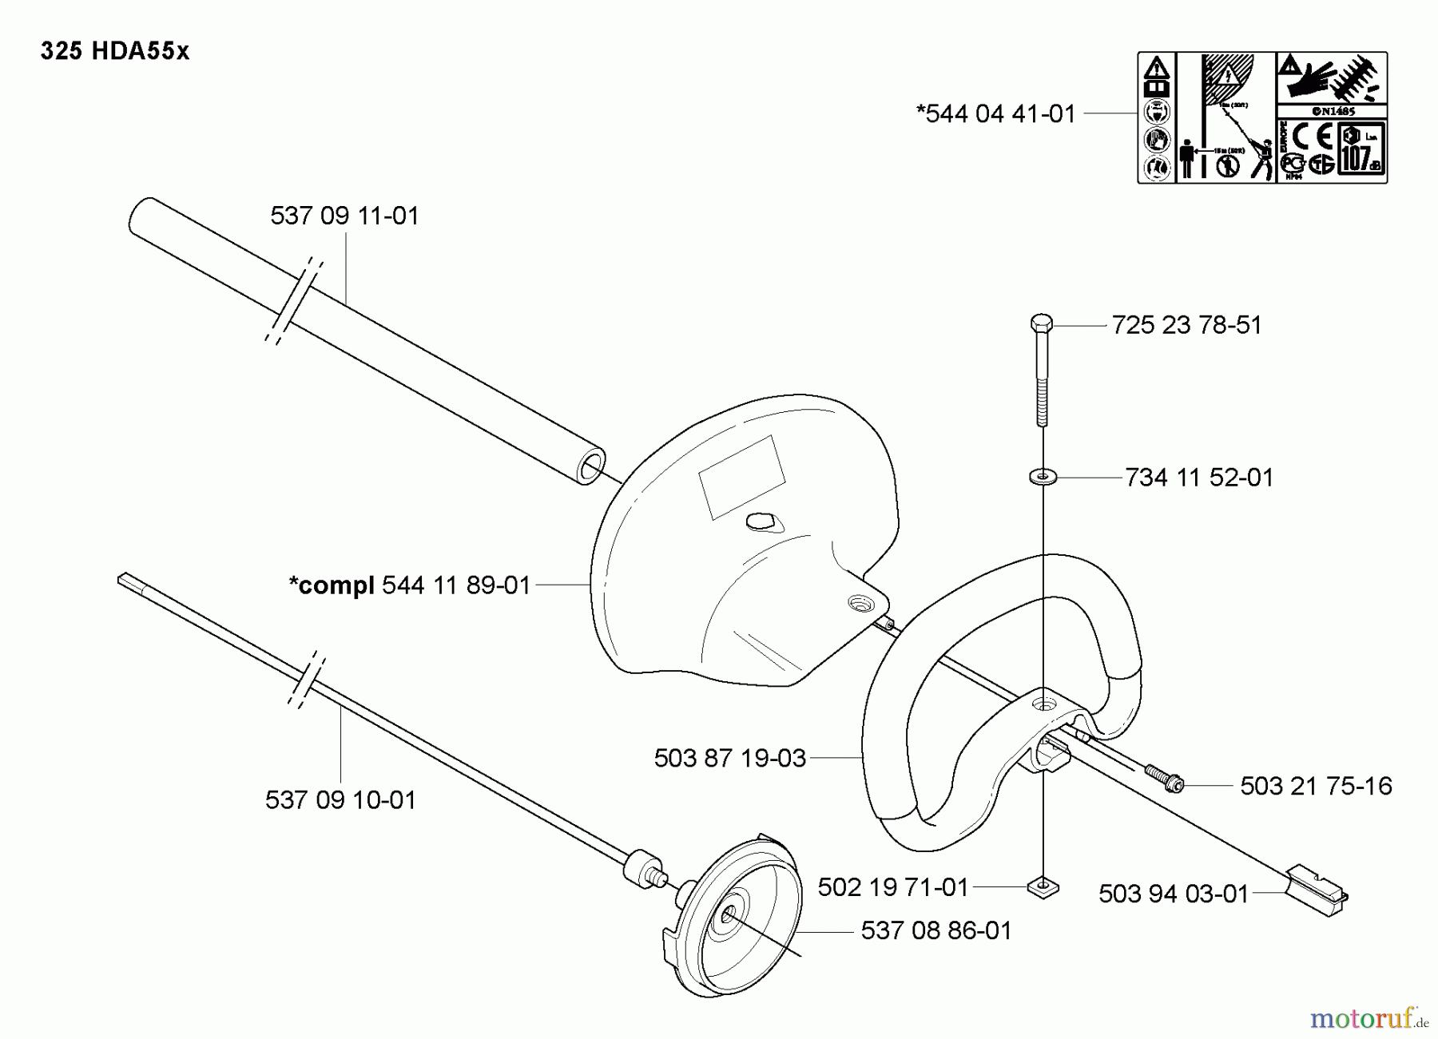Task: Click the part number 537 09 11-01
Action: click(x=344, y=216)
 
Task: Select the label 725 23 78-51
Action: click(x=1186, y=325)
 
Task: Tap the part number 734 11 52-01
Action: click(x=1198, y=478)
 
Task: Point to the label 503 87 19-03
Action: click(x=729, y=758)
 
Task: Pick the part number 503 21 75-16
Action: click(x=1316, y=786)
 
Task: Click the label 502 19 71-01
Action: click(x=892, y=887)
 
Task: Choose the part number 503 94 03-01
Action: click(x=1173, y=894)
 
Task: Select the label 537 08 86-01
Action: click(x=935, y=930)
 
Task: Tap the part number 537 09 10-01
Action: click(x=340, y=799)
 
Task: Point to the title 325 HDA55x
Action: click(x=115, y=51)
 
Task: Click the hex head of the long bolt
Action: click(x=1041, y=323)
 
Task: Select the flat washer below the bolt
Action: click(x=1043, y=477)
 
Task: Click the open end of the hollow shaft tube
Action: click(x=590, y=468)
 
